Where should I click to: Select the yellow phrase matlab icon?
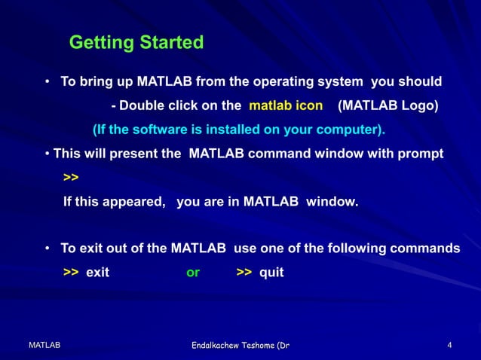coord(286,105)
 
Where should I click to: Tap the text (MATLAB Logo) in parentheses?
coord(388,105)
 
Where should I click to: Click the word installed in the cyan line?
coord(225,130)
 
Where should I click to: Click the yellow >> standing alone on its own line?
coord(71,178)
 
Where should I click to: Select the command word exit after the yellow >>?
coord(97,273)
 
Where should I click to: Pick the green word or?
coord(193,273)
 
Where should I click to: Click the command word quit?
coord(271,273)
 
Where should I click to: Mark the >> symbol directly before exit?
coord(71,273)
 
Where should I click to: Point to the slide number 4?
coord(449,345)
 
